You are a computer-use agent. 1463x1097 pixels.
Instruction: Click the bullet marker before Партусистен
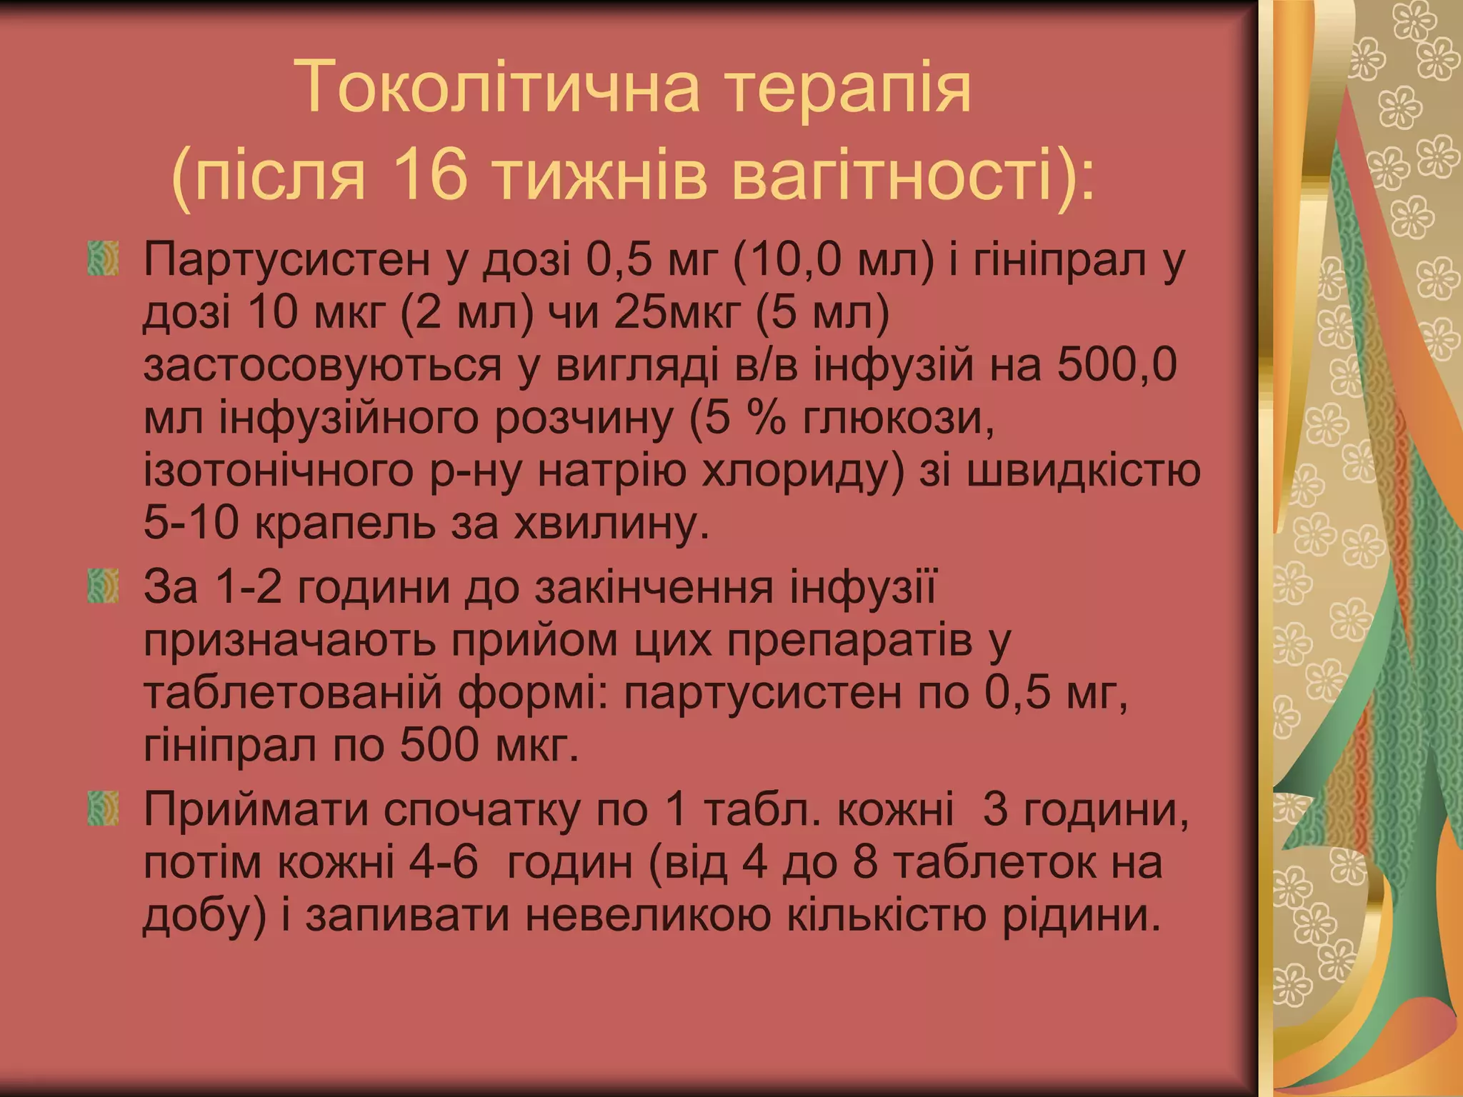coord(104,259)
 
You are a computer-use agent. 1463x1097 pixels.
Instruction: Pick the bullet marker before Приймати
coord(104,808)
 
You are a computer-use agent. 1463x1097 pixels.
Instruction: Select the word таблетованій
coord(293,693)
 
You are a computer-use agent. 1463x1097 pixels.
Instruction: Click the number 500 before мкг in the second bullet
coord(438,746)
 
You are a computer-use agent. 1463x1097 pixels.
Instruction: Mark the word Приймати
coord(256,810)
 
